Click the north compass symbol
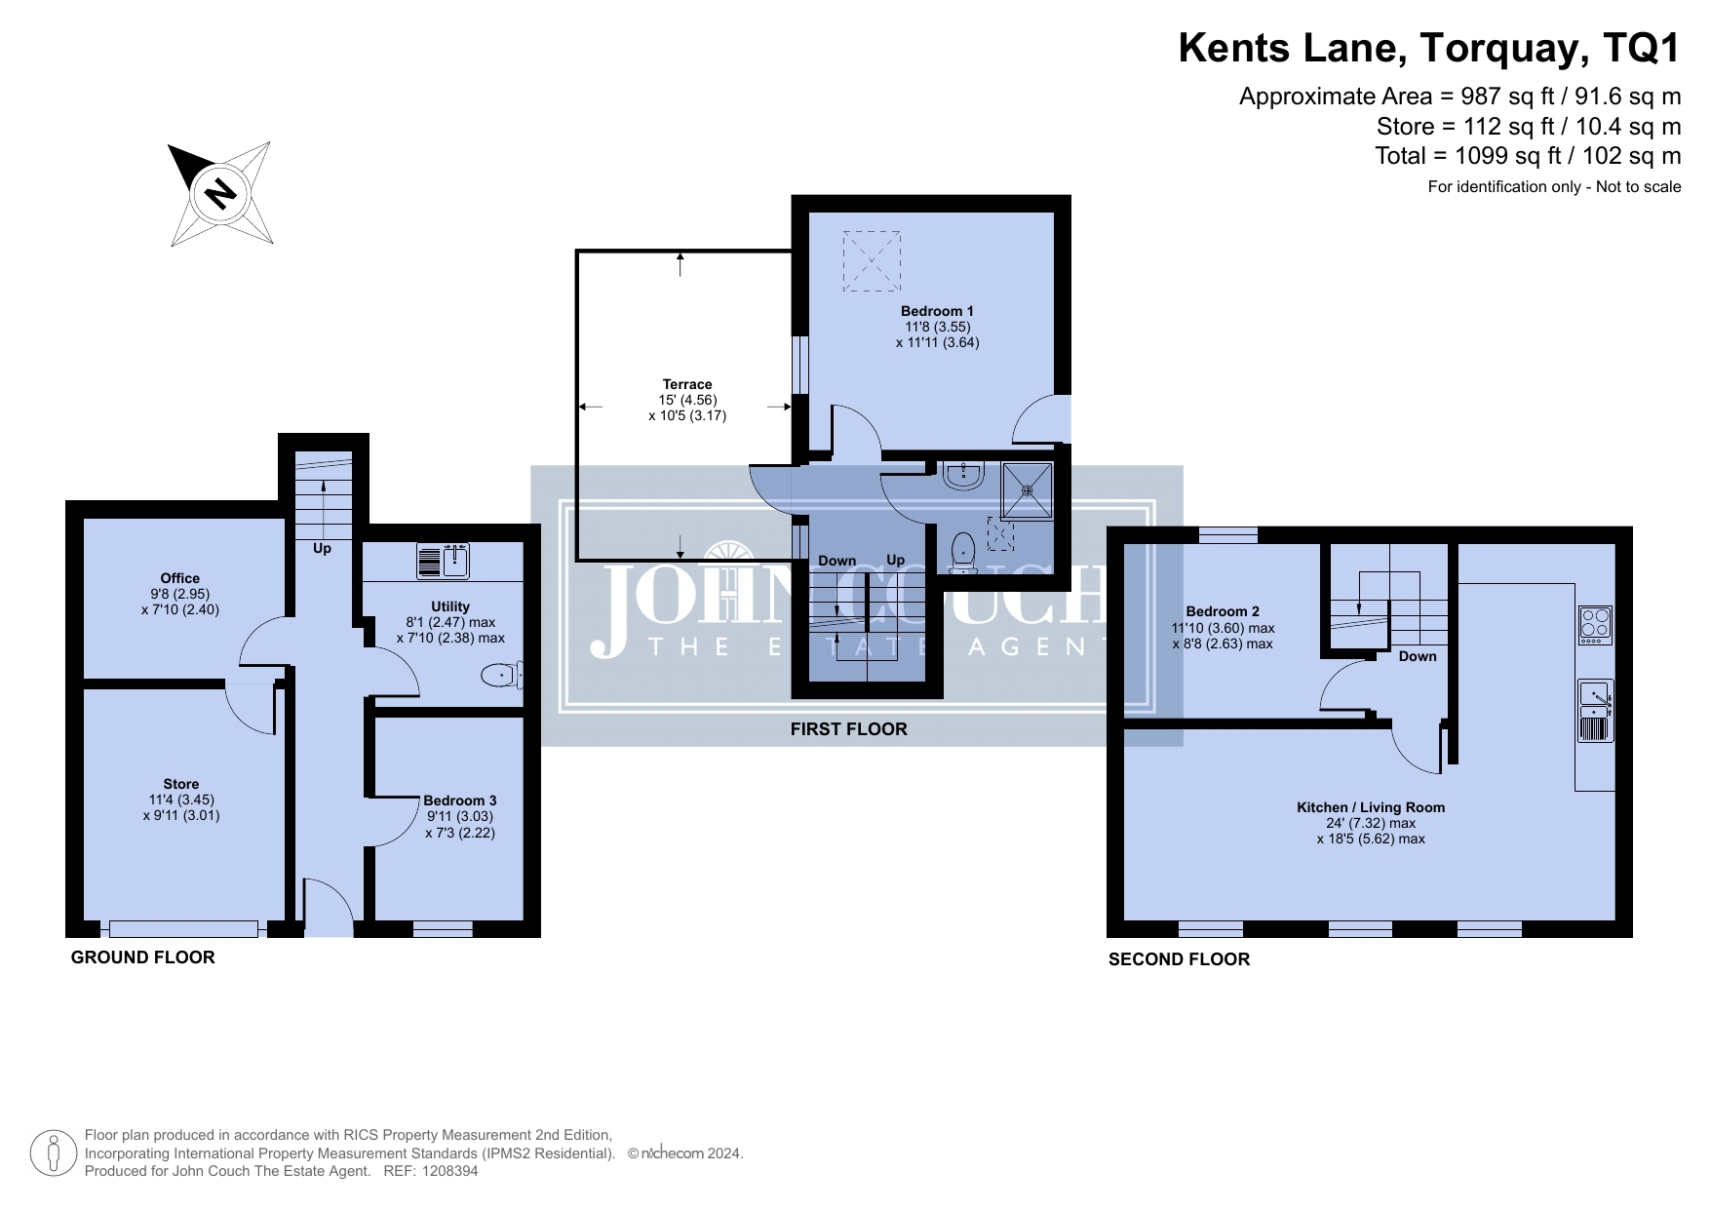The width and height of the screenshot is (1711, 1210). (220, 193)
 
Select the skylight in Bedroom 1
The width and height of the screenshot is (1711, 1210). (872, 260)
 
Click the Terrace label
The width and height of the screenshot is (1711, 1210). (687, 384)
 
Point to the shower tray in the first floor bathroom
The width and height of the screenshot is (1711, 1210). (1028, 488)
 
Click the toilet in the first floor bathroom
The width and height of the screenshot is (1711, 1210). (963, 553)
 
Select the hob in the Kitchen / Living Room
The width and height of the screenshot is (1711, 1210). (1595, 625)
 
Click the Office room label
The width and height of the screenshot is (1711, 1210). (180, 578)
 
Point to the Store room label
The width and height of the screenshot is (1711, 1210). (181, 784)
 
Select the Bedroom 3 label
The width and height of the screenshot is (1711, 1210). (460, 800)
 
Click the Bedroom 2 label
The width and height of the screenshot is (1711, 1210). (1223, 612)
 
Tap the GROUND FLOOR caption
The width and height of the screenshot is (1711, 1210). (143, 957)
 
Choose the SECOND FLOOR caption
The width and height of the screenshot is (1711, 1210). (1179, 959)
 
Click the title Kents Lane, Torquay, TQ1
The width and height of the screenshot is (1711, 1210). (1429, 48)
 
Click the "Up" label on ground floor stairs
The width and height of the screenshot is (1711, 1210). (322, 548)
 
